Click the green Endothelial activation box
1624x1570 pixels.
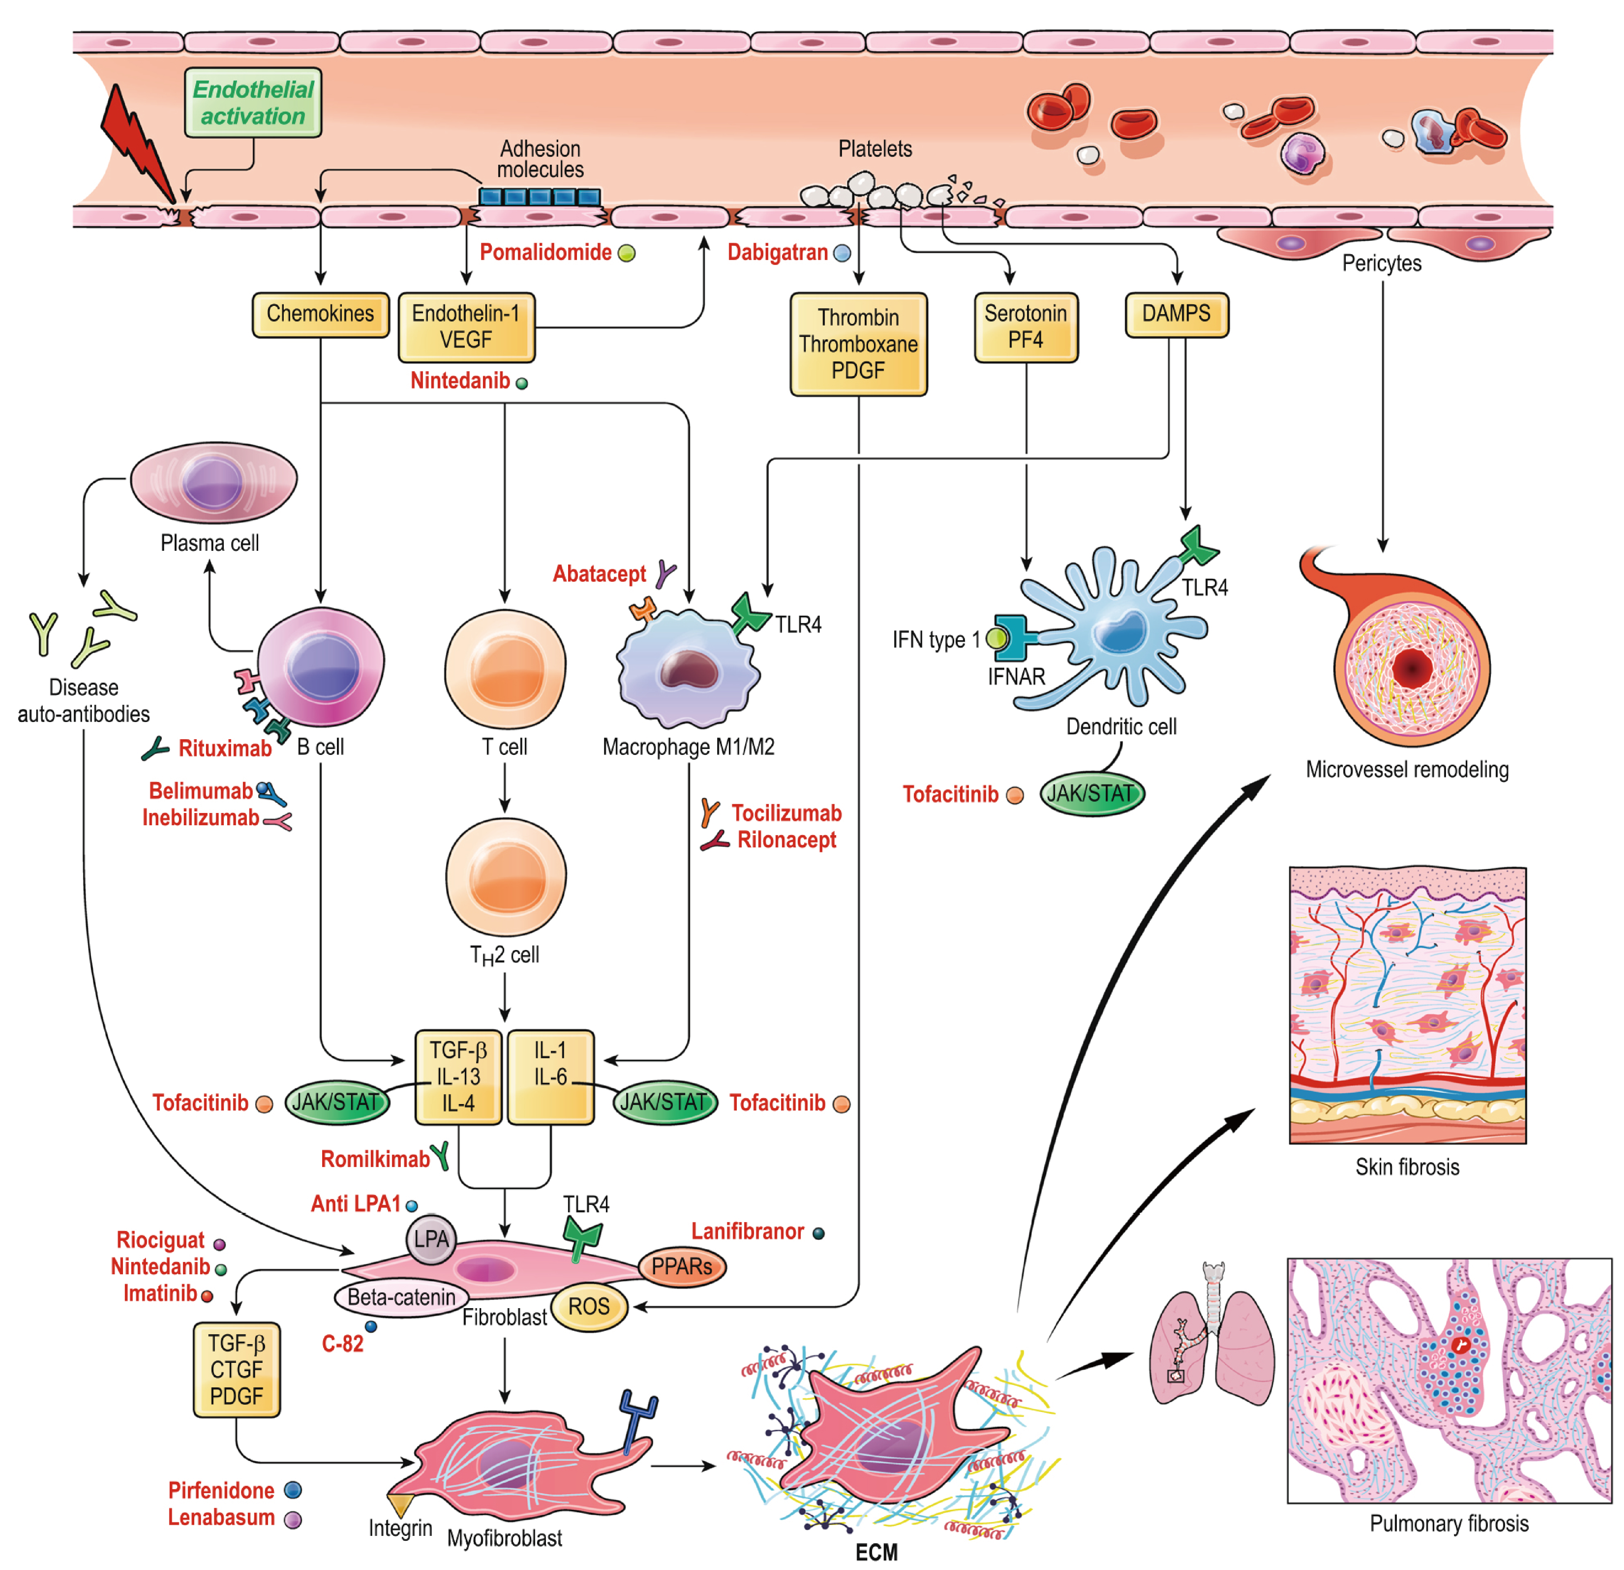[253, 103]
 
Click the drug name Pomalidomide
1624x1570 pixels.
[545, 253]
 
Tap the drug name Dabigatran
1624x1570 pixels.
[777, 253]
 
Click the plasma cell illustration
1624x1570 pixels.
[213, 482]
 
